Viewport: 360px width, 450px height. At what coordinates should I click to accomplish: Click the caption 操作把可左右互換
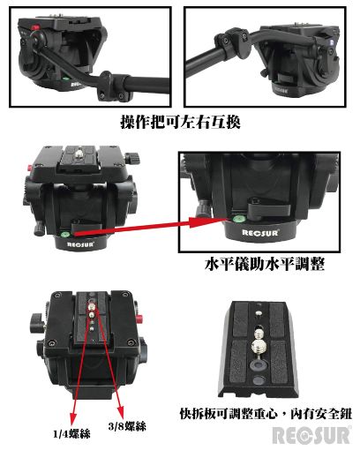180,122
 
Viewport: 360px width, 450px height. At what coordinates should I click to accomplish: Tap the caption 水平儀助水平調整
265,264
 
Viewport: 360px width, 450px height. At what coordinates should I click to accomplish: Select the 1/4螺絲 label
71,434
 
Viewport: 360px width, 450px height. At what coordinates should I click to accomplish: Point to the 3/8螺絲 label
127,426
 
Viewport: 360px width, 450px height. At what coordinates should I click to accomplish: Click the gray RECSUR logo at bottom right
311,435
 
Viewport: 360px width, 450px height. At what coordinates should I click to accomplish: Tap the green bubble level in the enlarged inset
236,219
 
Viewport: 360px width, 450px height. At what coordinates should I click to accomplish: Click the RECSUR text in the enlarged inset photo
260,233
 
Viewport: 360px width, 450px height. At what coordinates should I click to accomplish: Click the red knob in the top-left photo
35,28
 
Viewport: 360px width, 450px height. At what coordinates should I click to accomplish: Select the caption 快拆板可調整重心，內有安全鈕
266,414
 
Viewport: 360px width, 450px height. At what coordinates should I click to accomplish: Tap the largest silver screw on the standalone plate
259,346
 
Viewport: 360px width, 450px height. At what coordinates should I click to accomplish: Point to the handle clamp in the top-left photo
113,86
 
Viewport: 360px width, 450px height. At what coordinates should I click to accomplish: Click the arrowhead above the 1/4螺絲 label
72,418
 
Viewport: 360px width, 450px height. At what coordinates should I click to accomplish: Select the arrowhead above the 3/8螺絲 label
120,411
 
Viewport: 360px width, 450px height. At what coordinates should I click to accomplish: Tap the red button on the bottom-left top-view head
139,318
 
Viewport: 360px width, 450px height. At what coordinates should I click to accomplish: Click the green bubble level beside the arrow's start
64,234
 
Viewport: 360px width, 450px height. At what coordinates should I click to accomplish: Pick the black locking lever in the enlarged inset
266,208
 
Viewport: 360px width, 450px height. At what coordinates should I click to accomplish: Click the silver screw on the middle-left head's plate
79,153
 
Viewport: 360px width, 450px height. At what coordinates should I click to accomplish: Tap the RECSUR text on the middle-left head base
80,244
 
